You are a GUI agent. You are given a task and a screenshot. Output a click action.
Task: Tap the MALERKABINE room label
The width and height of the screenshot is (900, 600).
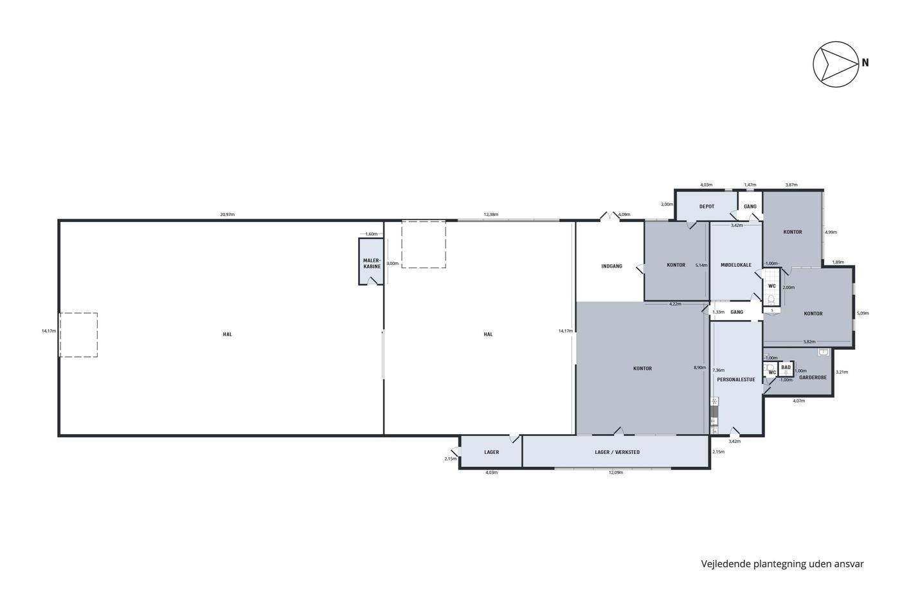[372, 263]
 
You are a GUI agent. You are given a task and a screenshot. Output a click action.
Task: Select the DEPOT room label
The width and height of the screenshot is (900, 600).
[706, 206]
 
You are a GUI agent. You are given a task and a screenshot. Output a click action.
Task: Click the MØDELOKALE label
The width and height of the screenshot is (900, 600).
[736, 265]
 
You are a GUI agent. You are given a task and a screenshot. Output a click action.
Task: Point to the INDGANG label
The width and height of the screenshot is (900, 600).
[611, 266]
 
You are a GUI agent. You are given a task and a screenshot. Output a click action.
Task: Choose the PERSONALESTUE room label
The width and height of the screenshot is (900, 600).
[736, 379]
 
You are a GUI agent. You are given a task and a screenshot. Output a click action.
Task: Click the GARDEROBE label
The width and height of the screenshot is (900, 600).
[813, 377]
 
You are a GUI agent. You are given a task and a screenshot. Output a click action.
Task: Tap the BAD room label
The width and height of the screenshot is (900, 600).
[786, 367]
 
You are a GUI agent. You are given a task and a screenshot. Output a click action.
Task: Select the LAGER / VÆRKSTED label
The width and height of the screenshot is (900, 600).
[617, 452]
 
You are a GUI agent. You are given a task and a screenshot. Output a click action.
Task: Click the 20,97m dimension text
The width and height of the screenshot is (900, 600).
[228, 215]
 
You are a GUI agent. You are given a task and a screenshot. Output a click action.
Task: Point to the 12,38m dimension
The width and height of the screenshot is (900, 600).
[491, 215]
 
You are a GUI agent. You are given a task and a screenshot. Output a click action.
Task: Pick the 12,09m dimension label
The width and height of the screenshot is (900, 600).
[616, 473]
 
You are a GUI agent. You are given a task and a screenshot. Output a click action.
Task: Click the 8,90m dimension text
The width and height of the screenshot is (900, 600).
[699, 367]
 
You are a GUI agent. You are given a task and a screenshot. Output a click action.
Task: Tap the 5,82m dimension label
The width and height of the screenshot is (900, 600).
[809, 341]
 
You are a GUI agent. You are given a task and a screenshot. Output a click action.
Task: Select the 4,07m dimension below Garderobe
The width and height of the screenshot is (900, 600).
[798, 401]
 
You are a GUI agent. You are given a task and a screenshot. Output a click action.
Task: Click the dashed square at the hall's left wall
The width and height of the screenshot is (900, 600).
[78, 335]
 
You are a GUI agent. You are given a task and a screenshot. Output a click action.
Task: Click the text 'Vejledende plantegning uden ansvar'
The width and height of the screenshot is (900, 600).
[782, 564]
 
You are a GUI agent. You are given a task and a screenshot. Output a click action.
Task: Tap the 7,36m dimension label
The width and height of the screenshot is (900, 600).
[719, 370]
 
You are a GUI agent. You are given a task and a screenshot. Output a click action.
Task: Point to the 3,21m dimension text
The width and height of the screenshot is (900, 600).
[842, 372]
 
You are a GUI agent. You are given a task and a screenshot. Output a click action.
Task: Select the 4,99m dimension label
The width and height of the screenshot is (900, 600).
[831, 232]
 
